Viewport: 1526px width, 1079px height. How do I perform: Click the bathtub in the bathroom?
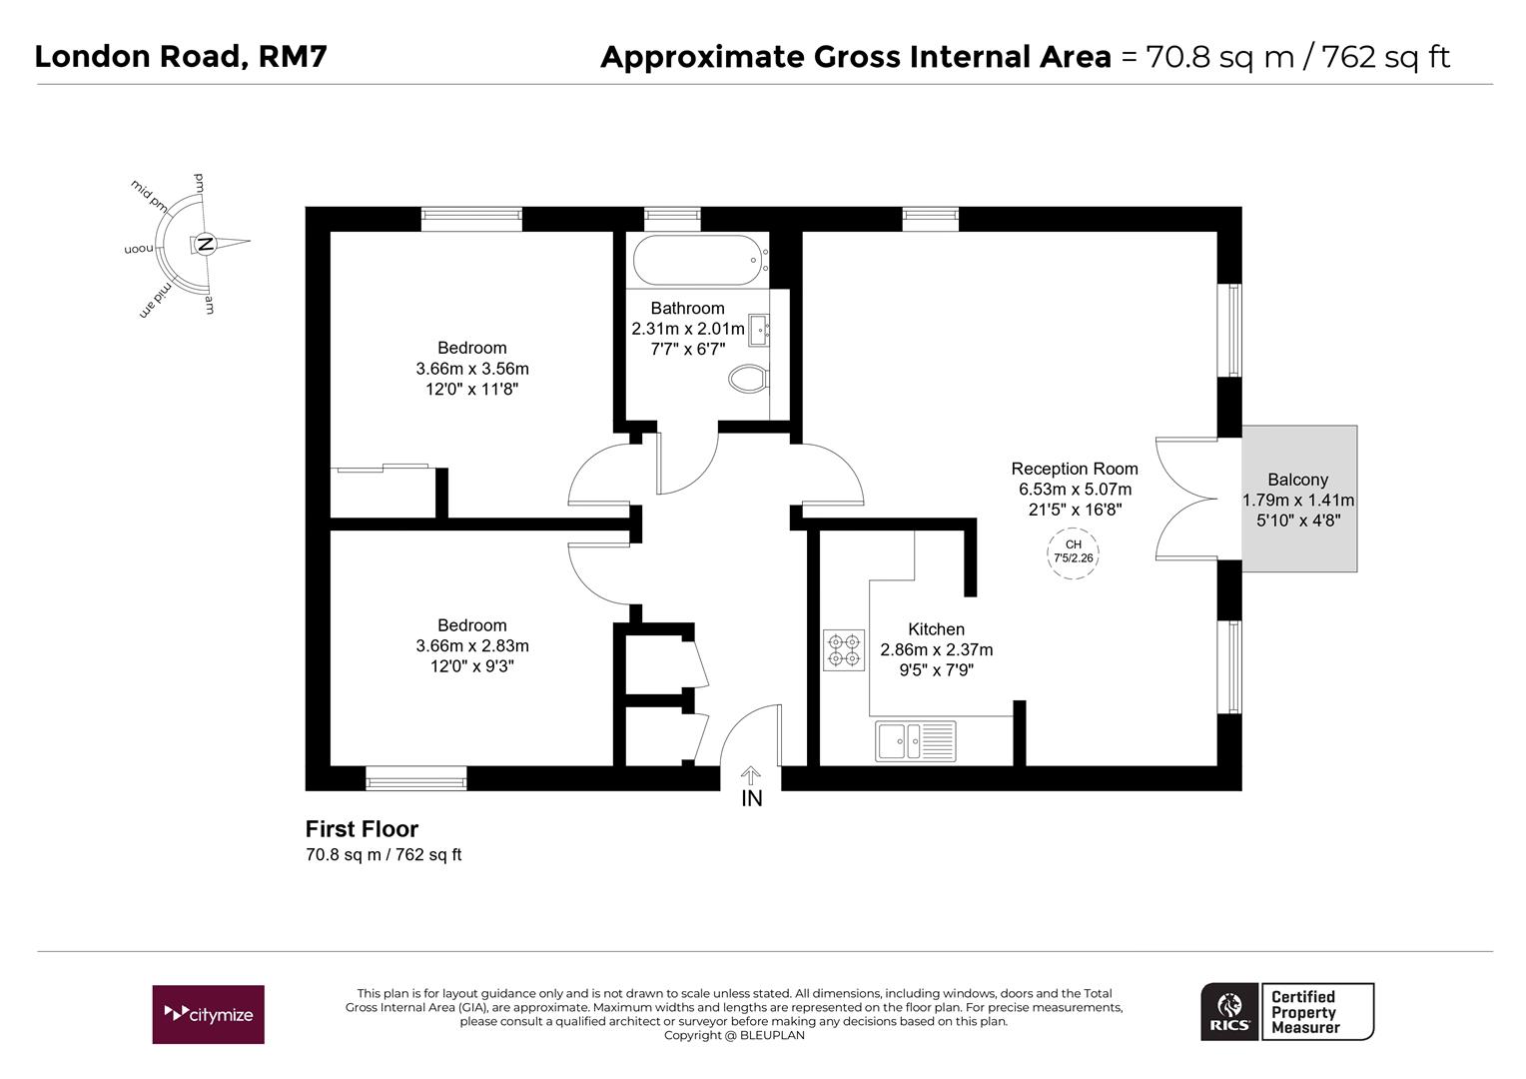pyautogui.click(x=699, y=261)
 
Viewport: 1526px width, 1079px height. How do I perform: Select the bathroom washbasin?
pyautogui.click(x=758, y=329)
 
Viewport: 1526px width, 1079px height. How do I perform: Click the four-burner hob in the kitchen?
pyautogui.click(x=843, y=649)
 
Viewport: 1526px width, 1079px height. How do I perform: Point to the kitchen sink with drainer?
pyautogui.click(x=915, y=741)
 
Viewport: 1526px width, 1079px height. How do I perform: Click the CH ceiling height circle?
pyautogui.click(x=1074, y=551)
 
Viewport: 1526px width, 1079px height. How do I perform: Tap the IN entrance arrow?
pyautogui.click(x=751, y=776)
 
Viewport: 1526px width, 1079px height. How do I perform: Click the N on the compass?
pyautogui.click(x=205, y=244)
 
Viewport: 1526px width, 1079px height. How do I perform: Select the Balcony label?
pyautogui.click(x=1297, y=480)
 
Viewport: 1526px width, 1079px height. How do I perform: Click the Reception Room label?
pyautogui.click(x=1074, y=469)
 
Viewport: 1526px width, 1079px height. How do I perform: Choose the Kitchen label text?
pyautogui.click(x=936, y=629)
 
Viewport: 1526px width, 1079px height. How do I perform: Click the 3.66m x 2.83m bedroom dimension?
pyautogui.click(x=471, y=646)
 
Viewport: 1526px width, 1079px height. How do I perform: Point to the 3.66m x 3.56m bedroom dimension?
pyautogui.click(x=471, y=369)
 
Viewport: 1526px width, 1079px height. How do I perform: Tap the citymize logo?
pyautogui.click(x=208, y=1014)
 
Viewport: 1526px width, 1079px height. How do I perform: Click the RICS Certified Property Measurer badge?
pyautogui.click(x=1286, y=1012)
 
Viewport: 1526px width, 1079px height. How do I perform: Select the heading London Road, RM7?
pyautogui.click(x=181, y=56)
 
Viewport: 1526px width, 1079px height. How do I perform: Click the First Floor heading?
pyautogui.click(x=362, y=829)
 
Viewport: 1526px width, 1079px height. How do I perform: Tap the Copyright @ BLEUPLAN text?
pyautogui.click(x=734, y=1035)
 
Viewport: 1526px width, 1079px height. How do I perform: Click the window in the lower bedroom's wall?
pyautogui.click(x=415, y=778)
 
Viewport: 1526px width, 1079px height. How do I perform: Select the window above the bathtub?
pyautogui.click(x=672, y=219)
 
